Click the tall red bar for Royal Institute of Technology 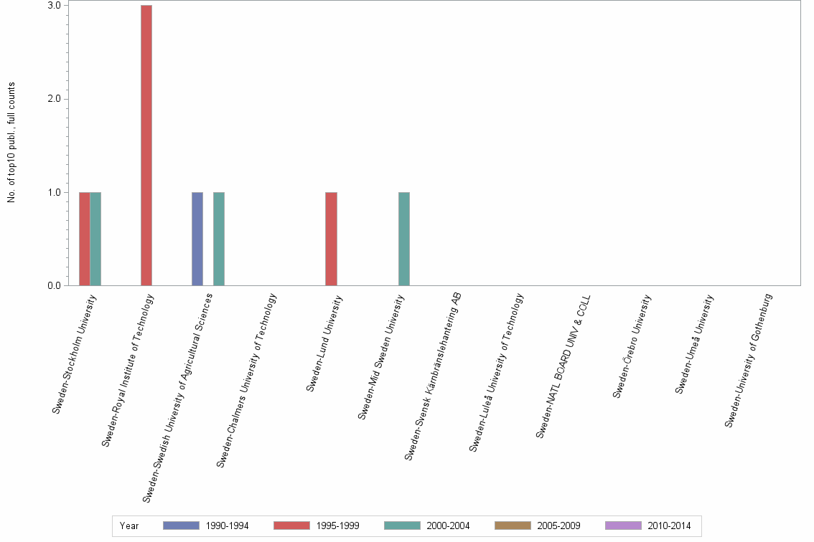click(146, 146)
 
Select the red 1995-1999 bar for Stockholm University click(85, 239)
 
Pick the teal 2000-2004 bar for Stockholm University click(95, 239)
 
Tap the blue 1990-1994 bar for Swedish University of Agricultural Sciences click(197, 239)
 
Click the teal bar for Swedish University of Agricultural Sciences click(219, 239)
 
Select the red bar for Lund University click(331, 239)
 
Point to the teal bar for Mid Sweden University click(404, 239)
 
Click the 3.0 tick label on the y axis click(54, 5)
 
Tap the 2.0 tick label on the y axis click(54, 99)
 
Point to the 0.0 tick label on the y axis click(54, 286)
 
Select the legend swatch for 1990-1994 click(181, 526)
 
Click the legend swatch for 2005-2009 click(513, 526)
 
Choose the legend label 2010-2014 click(669, 526)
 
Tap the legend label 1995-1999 click(337, 526)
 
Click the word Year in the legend click(129, 526)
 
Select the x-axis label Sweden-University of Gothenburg click(749, 360)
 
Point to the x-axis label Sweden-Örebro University click(632, 345)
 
